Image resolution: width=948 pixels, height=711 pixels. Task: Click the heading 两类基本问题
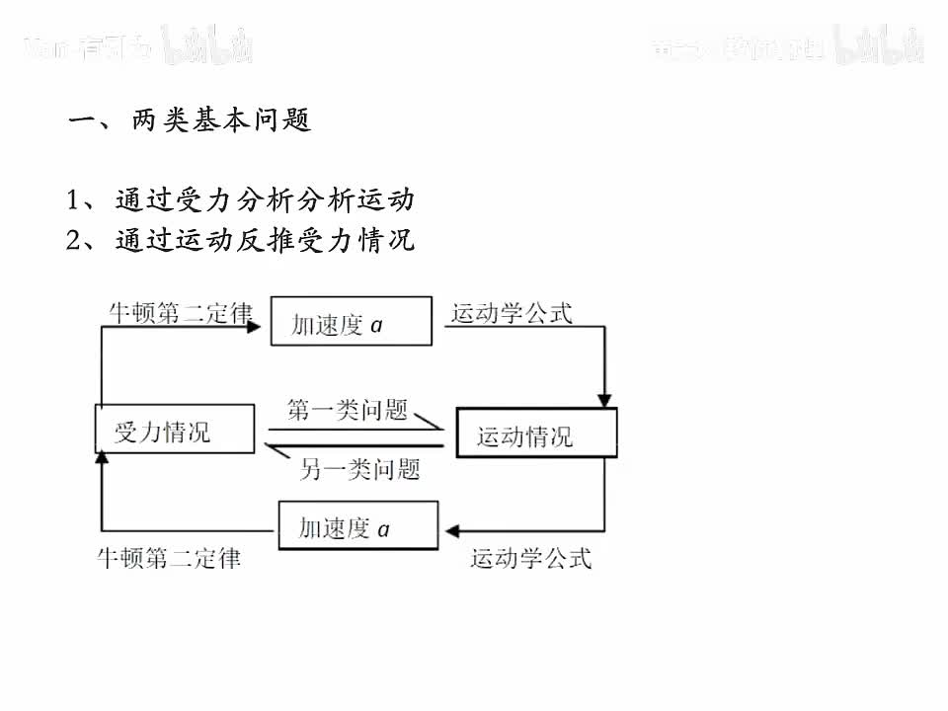click(x=190, y=120)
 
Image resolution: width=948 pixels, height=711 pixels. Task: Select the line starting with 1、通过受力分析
click(x=240, y=200)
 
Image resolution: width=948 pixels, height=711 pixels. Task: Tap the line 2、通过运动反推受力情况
click(x=240, y=240)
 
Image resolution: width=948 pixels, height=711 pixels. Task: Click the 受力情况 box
click(x=174, y=430)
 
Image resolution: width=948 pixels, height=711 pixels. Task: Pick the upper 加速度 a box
click(x=351, y=322)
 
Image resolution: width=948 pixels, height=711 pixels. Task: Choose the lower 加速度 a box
click(x=357, y=526)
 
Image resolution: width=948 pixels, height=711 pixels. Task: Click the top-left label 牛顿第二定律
click(x=179, y=313)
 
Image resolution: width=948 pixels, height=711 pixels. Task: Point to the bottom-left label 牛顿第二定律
click(x=168, y=558)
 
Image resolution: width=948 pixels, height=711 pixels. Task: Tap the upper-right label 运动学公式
click(x=512, y=313)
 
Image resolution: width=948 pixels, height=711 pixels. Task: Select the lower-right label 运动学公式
click(x=530, y=558)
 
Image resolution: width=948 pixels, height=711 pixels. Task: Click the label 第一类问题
click(x=348, y=410)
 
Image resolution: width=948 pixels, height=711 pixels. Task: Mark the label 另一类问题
click(x=359, y=468)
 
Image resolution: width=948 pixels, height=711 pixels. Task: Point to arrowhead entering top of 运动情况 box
click(x=606, y=400)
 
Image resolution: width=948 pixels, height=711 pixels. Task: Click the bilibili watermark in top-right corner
click(x=879, y=43)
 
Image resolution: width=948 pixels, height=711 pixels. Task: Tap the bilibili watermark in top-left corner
click(x=209, y=44)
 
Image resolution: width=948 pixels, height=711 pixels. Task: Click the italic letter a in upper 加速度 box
click(x=376, y=324)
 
